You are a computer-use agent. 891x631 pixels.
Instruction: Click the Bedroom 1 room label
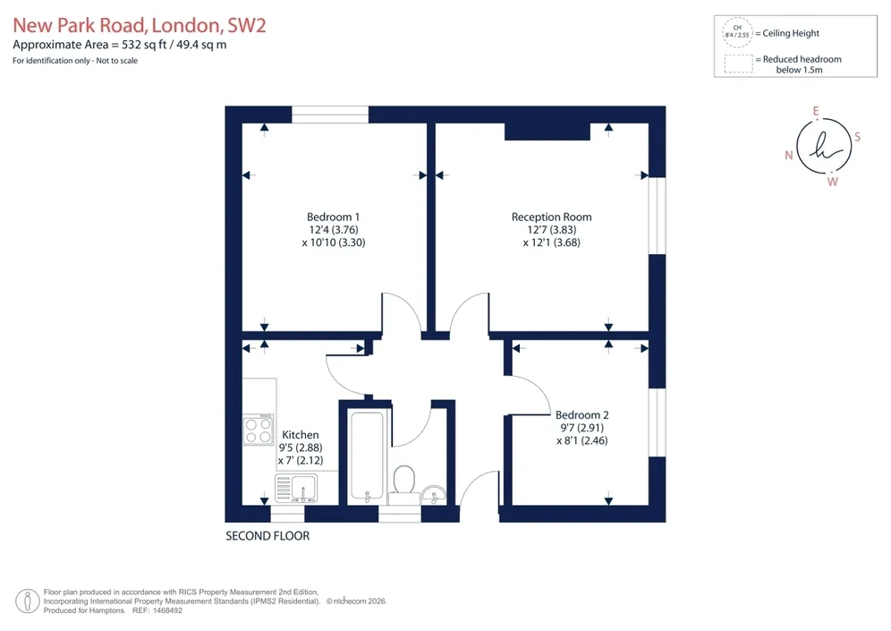(333, 217)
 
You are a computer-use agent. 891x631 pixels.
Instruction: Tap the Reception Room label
(551, 217)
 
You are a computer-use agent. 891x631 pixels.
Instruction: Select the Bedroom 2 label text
(581, 415)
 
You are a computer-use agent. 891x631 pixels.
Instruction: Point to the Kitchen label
(300, 435)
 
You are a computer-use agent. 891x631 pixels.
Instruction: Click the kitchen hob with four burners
(259, 430)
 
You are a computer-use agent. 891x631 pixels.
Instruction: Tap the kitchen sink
(296, 489)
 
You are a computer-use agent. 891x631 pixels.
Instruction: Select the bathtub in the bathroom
(367, 457)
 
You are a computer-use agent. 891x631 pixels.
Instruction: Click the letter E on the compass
(816, 111)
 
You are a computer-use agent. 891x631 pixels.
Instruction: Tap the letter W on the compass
(833, 182)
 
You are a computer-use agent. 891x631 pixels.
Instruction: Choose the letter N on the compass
(789, 155)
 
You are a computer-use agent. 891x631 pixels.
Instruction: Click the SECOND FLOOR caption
(267, 536)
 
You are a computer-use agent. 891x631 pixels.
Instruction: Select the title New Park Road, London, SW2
(140, 26)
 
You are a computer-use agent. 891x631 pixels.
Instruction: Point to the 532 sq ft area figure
(144, 45)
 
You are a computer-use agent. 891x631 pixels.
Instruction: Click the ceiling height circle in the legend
(737, 32)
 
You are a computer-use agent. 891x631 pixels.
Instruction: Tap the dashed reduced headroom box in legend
(739, 64)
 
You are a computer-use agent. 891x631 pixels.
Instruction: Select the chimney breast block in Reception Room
(547, 132)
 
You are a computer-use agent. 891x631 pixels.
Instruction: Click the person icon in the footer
(27, 601)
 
